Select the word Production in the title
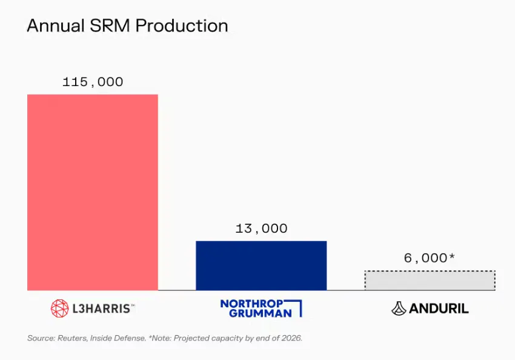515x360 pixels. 181,26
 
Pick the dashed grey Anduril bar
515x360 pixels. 430,281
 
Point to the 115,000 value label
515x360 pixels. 93,82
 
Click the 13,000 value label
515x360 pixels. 261,228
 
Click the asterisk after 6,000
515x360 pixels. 451,256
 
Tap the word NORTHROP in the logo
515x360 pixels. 251,303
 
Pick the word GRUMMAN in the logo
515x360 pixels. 256,313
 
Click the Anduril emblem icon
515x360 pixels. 399,308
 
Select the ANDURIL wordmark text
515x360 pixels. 439,308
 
